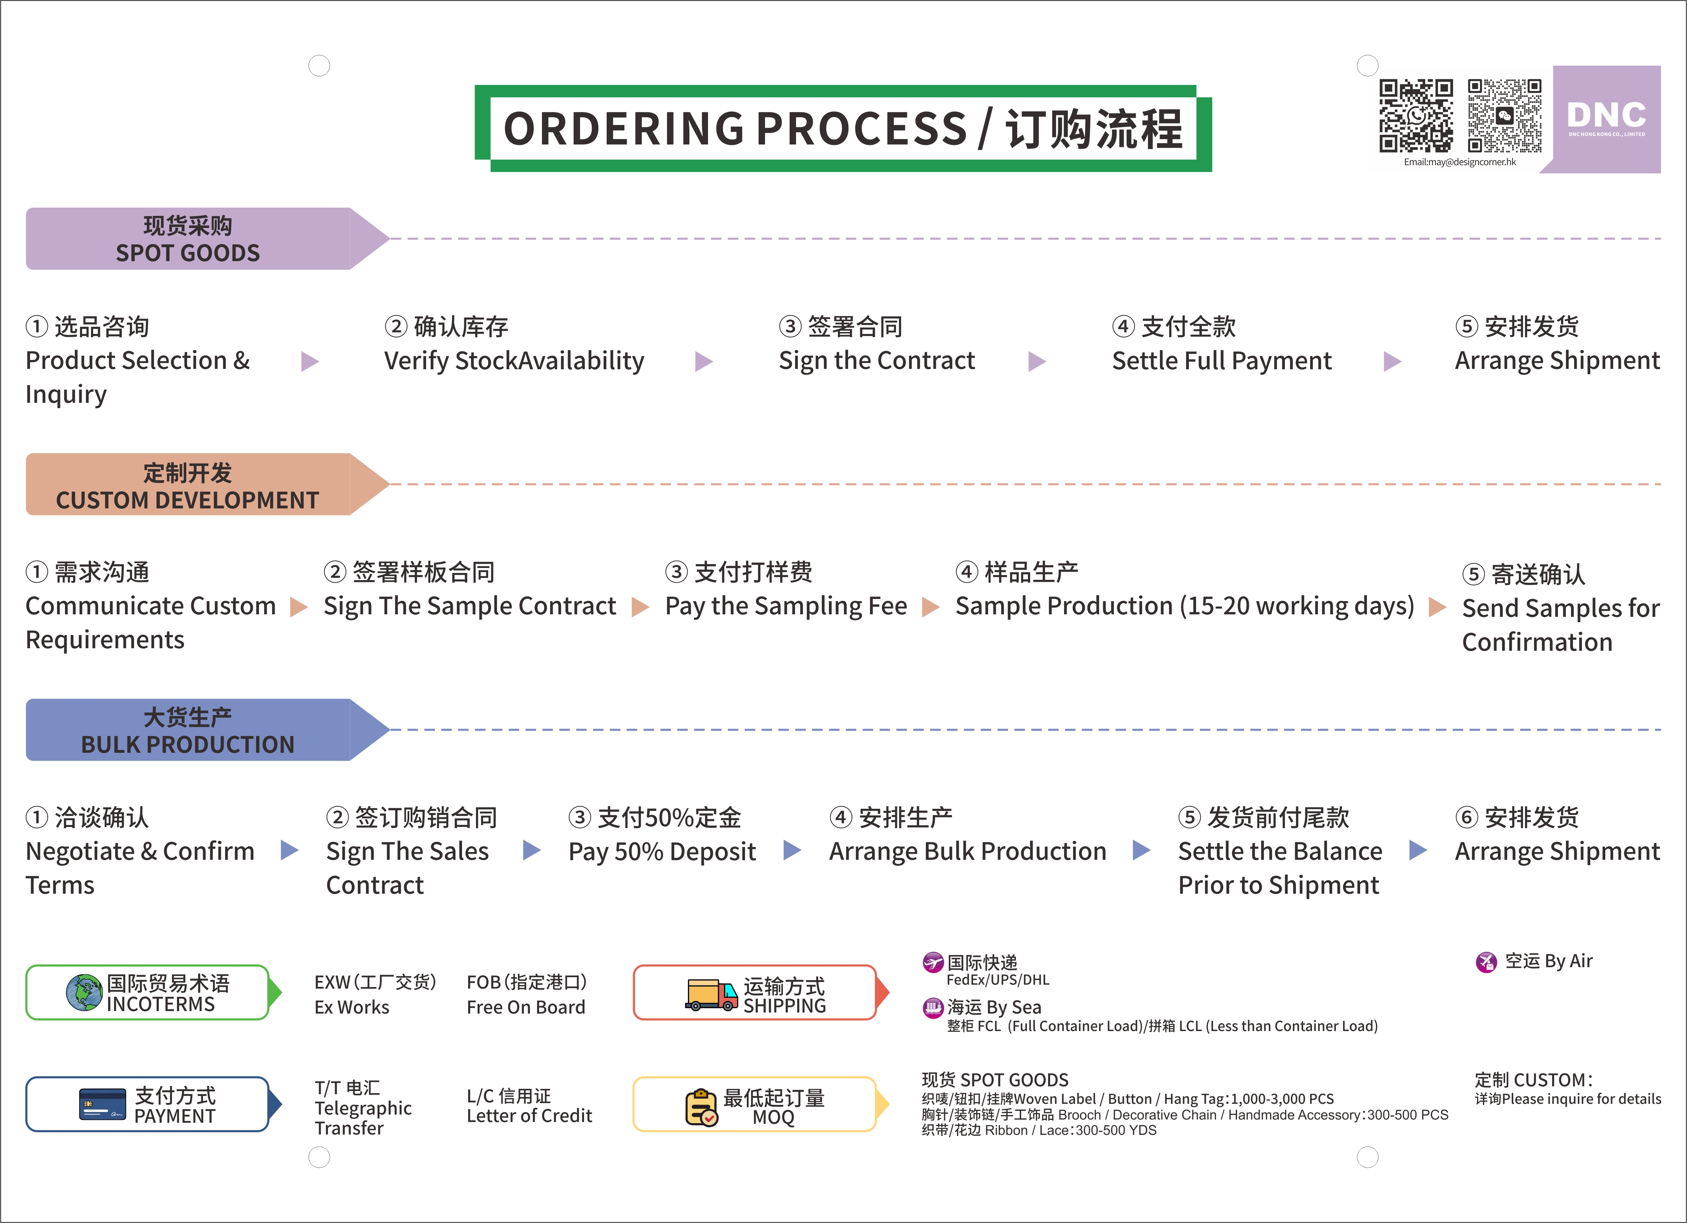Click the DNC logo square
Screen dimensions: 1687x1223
point(1607,119)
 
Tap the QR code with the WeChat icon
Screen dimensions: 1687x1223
point(1504,116)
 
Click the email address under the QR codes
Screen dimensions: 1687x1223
point(1459,162)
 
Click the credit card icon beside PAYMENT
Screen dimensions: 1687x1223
point(102,1104)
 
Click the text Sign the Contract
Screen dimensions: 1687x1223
point(876,361)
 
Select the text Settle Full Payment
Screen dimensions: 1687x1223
point(1221,361)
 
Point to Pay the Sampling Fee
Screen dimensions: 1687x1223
point(785,606)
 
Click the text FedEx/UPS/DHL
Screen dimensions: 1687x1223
point(998,980)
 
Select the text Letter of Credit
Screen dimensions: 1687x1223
point(529,1116)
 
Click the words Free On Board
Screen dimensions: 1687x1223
point(526,1007)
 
